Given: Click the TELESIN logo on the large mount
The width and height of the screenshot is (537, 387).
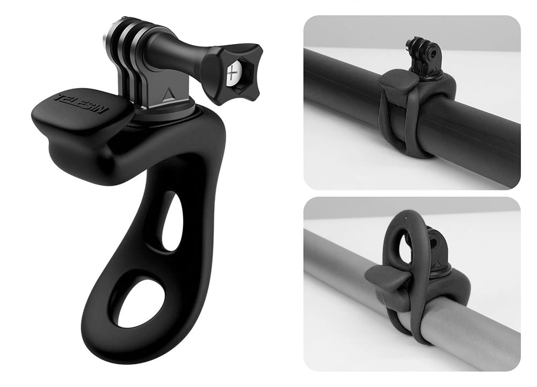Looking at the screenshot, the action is click(82, 104).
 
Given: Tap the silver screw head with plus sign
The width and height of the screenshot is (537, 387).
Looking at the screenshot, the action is click(233, 73).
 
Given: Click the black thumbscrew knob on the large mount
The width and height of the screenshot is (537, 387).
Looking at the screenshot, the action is click(231, 71).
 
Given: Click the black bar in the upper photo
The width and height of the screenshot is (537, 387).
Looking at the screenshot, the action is click(411, 113).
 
